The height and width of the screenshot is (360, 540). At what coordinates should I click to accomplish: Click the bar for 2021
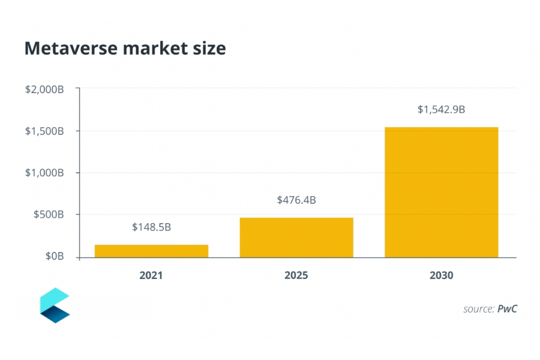(151, 251)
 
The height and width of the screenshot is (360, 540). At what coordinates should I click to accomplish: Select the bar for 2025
(296, 238)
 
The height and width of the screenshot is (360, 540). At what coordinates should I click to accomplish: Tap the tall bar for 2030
(441, 192)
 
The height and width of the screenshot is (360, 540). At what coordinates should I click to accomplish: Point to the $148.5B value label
(151, 227)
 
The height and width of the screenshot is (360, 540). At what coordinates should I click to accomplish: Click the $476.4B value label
(296, 200)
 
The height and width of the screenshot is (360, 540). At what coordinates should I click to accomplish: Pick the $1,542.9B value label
(441, 110)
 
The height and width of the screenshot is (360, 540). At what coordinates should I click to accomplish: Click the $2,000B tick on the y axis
(44, 89)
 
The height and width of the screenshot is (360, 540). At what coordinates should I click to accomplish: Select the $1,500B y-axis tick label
(44, 131)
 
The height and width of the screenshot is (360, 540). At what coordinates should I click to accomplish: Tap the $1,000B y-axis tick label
(44, 173)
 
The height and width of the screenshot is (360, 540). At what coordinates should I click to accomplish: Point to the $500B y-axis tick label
(48, 215)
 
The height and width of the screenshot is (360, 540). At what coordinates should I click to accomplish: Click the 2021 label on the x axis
(151, 276)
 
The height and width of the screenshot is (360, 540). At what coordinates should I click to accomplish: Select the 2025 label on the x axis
(296, 276)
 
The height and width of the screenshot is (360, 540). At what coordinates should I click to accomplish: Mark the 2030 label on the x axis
(441, 276)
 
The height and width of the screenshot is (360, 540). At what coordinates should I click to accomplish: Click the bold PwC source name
(507, 309)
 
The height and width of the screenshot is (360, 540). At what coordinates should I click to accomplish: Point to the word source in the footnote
(478, 310)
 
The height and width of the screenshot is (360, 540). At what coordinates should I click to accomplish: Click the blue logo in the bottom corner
(55, 305)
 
